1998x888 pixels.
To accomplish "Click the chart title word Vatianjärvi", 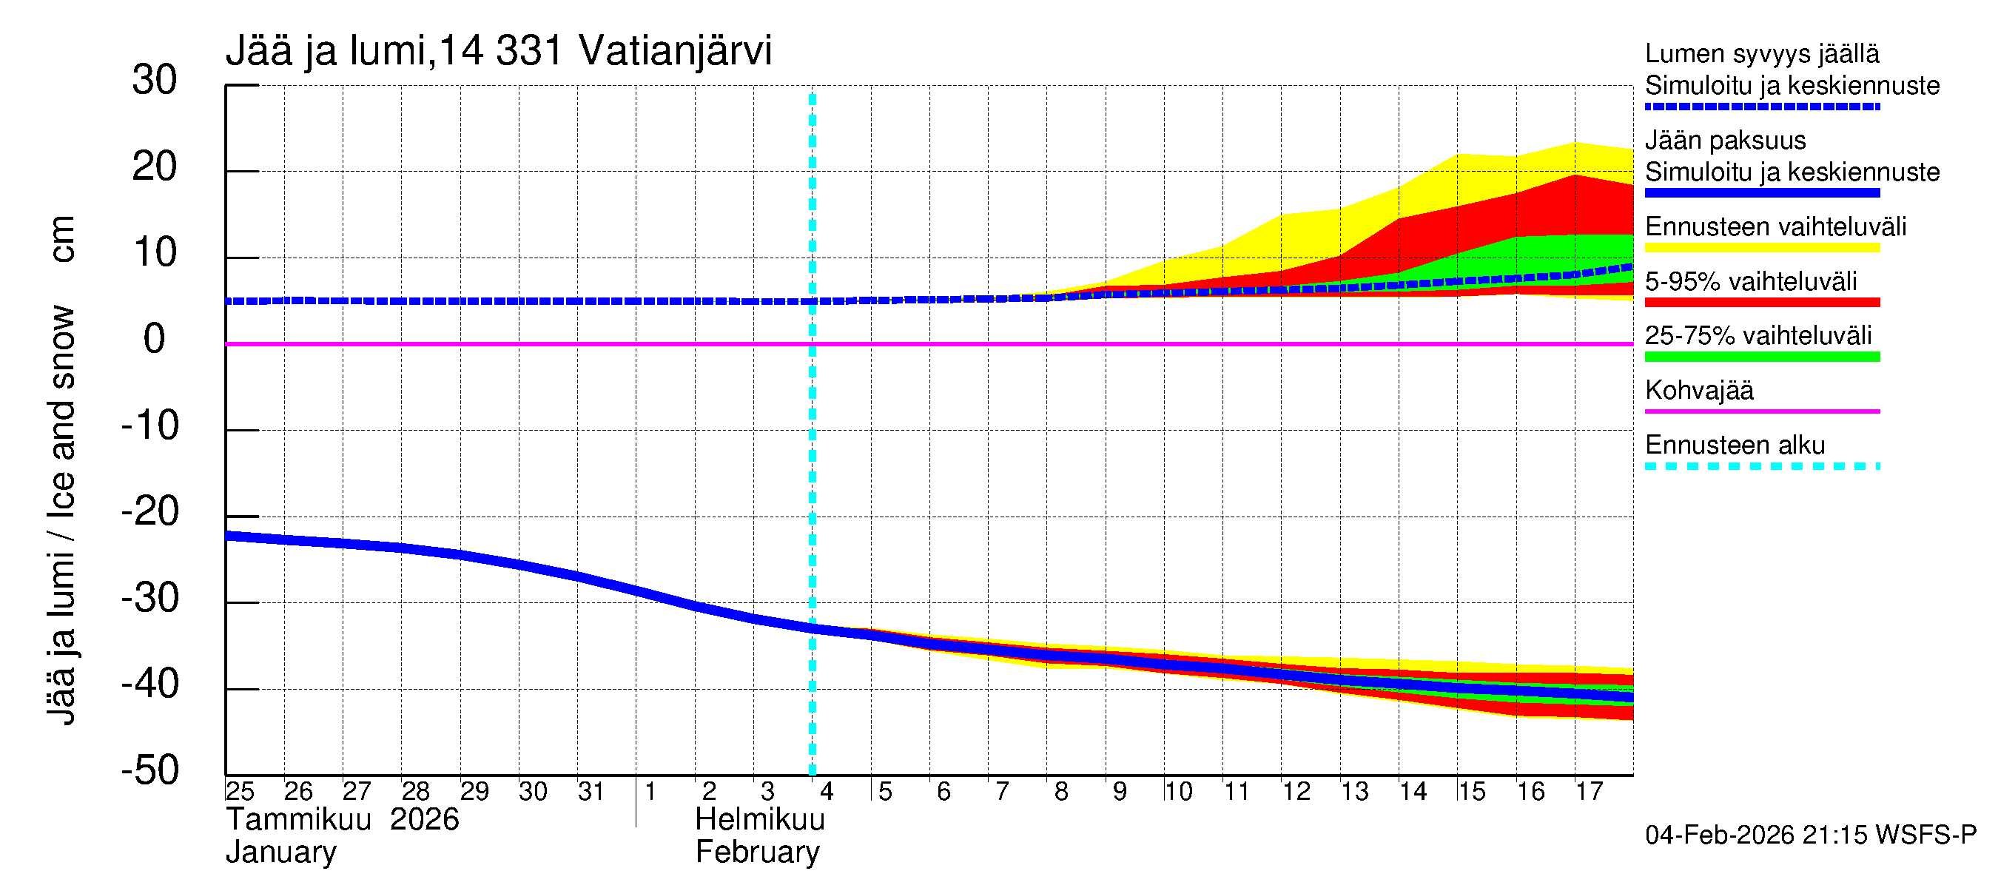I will tap(675, 51).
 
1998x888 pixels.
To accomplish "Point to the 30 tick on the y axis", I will tap(155, 80).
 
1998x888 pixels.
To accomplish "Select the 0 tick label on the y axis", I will tap(155, 339).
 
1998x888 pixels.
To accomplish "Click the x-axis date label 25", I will tap(240, 791).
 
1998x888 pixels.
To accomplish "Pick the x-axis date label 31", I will tap(591, 791).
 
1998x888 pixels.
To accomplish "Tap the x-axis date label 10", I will tap(1177, 791).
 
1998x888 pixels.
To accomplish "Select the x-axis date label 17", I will tap(1589, 791).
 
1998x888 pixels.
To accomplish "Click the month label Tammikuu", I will tap(299, 820).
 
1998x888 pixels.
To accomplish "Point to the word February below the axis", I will tap(757, 852).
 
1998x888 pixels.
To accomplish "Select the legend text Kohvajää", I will tap(1698, 390).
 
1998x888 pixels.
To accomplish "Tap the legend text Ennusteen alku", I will tap(1735, 445).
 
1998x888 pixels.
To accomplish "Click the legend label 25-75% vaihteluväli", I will tap(1757, 336).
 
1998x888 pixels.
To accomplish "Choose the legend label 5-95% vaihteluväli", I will tap(1751, 281).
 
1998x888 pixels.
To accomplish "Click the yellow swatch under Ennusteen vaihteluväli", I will tap(1761, 248).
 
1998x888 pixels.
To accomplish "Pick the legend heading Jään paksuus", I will tap(1725, 141).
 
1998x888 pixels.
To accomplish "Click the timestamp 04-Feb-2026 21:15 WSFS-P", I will tap(1810, 835).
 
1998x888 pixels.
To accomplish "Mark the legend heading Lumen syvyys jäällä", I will tap(1761, 54).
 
